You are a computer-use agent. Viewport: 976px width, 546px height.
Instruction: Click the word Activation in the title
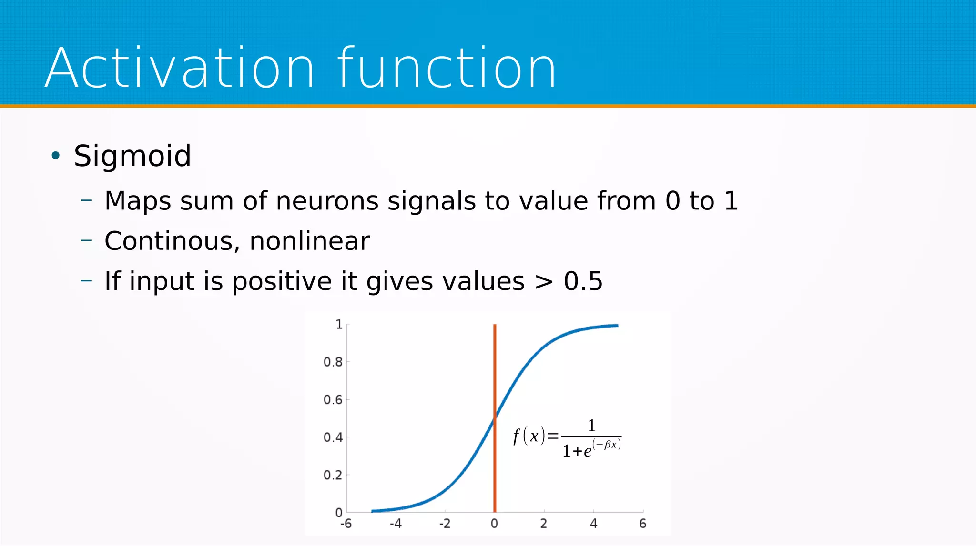tap(180, 68)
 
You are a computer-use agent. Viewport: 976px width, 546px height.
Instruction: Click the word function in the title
tap(447, 68)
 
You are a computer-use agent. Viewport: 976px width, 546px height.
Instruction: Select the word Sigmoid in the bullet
tap(132, 156)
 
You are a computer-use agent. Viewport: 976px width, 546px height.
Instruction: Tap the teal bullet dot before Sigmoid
tap(56, 155)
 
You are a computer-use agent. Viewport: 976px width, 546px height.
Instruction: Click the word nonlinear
tap(309, 241)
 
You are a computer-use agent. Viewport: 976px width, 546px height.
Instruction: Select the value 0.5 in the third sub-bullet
tap(583, 281)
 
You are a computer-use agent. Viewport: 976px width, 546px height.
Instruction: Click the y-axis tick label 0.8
tap(333, 362)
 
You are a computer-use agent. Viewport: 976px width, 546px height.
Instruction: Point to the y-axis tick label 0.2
tap(333, 475)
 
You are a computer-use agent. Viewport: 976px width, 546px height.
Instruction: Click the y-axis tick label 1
tap(339, 325)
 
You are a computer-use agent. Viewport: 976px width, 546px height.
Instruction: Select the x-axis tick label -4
tap(396, 524)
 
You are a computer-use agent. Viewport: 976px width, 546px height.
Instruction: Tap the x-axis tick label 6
tap(642, 524)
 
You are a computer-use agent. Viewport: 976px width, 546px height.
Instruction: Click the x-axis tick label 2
tap(543, 524)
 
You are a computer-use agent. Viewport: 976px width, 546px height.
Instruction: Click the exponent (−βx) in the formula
tap(606, 445)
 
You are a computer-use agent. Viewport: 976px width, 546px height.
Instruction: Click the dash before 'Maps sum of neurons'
tap(86, 200)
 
